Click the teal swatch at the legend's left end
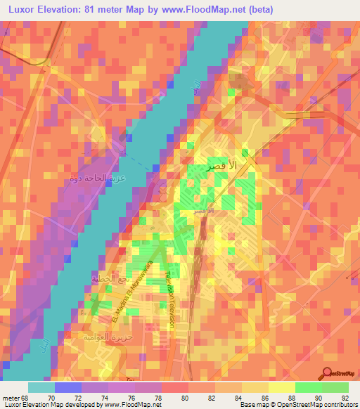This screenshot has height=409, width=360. coord(41,387)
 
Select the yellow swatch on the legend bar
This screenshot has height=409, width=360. coord(281,387)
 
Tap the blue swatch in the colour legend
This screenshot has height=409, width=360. coord(67,387)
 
